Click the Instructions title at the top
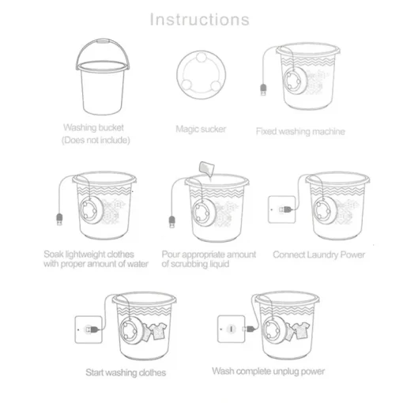[200, 19]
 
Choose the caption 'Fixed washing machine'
[299, 132]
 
